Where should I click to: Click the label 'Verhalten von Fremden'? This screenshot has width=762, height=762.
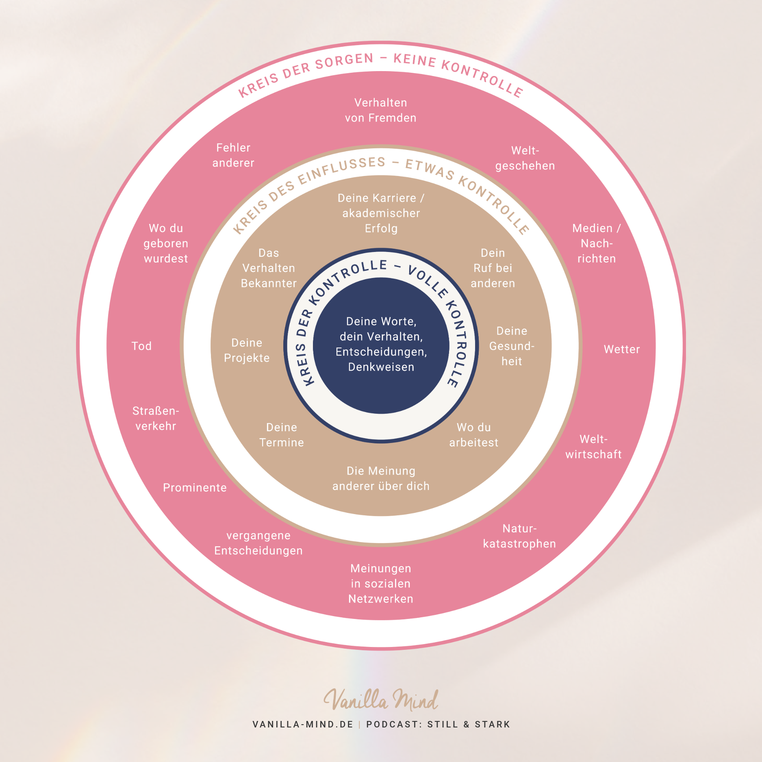(380, 110)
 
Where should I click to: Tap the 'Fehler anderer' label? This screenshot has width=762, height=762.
(233, 155)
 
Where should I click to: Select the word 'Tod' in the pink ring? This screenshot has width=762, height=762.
(141, 346)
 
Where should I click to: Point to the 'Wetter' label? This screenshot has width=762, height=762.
(621, 350)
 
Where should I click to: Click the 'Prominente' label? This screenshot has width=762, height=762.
(195, 488)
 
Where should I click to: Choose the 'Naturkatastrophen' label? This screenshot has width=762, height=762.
(519, 536)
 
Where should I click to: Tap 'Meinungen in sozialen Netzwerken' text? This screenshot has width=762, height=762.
(380, 584)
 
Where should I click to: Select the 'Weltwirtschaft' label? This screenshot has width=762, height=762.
(593, 447)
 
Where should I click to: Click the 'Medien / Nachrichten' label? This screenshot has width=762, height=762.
(596, 243)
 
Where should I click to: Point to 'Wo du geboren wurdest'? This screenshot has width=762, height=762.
(166, 243)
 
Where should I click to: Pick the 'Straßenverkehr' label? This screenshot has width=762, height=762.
(156, 419)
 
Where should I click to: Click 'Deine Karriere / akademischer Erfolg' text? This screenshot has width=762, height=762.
(381, 213)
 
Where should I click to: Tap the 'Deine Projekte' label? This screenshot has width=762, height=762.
(247, 350)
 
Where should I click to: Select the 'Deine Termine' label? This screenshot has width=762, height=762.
(282, 435)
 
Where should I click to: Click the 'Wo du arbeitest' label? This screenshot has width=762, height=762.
(473, 435)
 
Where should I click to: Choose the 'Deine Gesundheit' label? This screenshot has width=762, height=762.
(512, 346)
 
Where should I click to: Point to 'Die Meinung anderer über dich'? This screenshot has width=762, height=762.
(381, 479)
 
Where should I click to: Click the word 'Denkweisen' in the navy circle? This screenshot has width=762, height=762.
(381, 367)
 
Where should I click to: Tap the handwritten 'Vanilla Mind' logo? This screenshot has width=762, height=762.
(381, 700)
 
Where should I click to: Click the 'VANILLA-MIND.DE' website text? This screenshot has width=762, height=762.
(303, 724)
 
